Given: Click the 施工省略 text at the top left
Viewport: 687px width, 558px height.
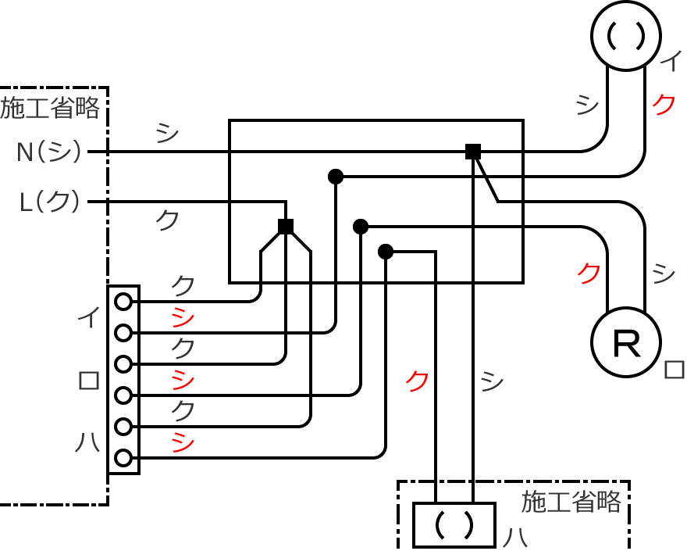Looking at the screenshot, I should click(50, 108).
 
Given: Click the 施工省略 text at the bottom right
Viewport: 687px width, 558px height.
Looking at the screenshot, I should click(571, 501).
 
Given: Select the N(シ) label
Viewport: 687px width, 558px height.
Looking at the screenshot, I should click(49, 152).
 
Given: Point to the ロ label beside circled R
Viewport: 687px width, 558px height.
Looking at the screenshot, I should click(673, 370).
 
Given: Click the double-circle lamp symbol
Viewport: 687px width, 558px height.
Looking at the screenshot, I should click(626, 37).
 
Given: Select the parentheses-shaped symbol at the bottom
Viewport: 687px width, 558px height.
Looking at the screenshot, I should click(454, 524).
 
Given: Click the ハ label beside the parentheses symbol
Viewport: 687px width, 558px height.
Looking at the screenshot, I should click(513, 538).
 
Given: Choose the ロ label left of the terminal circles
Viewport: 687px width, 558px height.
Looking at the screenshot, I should click(87, 381).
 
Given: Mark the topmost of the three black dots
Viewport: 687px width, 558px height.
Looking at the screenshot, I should click(336, 177).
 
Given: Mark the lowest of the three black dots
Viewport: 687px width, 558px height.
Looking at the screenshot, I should click(385, 252).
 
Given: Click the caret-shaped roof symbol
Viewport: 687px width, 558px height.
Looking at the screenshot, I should click(286, 242).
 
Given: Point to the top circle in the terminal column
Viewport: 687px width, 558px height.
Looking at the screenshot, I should click(123, 301).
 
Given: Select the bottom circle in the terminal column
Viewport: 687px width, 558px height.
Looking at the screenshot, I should click(123, 458).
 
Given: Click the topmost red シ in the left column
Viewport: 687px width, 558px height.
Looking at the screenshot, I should click(182, 317).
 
